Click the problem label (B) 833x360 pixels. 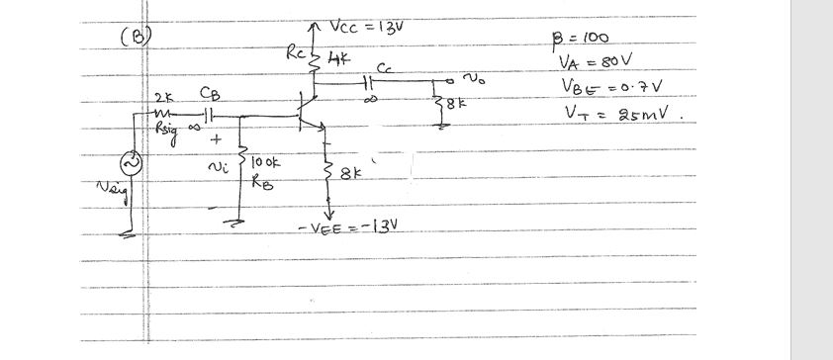pyautogui.click(x=135, y=38)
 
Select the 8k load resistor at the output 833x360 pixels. pyautogui.click(x=438, y=103)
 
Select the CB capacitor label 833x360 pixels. pyautogui.click(x=211, y=94)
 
